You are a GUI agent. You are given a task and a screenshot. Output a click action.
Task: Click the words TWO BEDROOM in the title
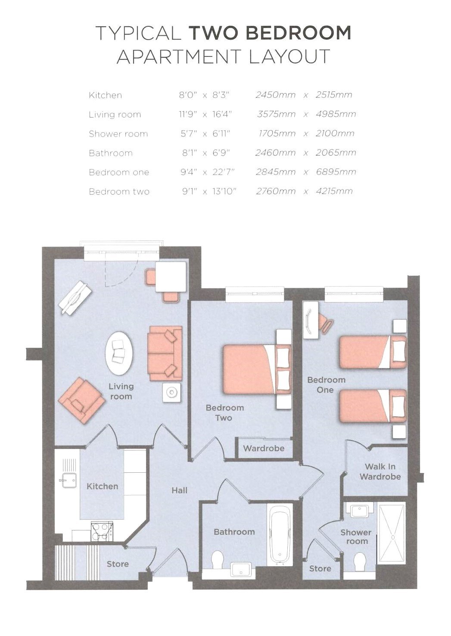[270, 33]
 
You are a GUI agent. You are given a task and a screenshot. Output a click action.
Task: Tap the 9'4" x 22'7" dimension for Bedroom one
[208, 172]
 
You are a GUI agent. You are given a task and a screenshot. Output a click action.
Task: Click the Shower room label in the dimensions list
[118, 134]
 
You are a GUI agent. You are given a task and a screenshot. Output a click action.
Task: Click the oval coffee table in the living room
[119, 353]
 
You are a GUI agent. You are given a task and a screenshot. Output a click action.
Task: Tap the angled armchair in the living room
[82, 397]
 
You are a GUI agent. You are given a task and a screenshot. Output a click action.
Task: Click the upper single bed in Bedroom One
[370, 352]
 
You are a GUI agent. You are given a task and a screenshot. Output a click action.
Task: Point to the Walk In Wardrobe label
[380, 471]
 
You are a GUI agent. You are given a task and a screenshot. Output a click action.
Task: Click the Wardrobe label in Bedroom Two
[264, 448]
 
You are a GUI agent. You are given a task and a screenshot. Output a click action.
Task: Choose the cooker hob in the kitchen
[101, 530]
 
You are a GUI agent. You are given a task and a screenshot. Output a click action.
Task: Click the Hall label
[179, 490]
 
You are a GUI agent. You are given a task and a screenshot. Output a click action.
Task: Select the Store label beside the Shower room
[320, 568]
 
